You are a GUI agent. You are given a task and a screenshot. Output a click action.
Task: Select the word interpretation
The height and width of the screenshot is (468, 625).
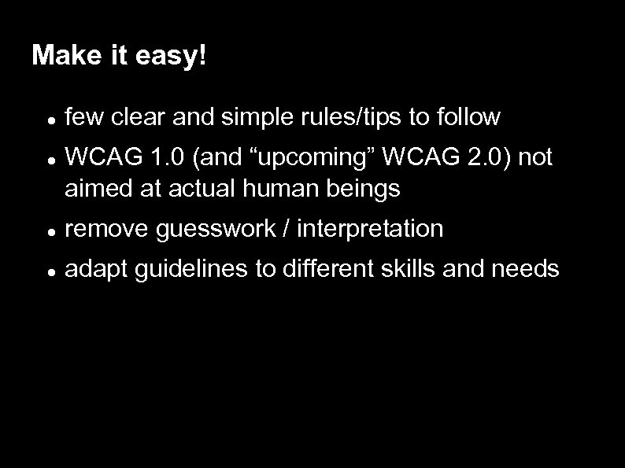coord(369,229)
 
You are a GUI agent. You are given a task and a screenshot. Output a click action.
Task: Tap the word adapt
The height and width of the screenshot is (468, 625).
coord(91,270)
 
